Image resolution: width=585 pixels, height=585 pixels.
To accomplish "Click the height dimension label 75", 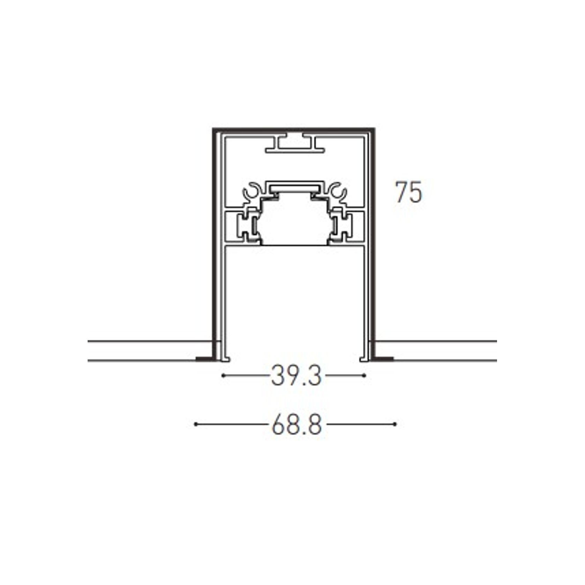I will click(x=408, y=192).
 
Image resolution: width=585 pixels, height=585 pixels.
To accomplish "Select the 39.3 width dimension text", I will click(x=296, y=376).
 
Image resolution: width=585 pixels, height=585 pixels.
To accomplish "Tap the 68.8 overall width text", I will click(x=296, y=424).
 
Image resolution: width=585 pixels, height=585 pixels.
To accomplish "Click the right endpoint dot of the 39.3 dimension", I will click(x=365, y=376).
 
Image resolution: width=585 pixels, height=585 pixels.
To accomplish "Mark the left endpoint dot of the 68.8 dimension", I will click(x=196, y=424).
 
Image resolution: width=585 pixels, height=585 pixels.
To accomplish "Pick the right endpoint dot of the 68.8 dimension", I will click(x=395, y=424).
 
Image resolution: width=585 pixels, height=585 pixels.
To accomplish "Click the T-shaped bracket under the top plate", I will click(x=295, y=145).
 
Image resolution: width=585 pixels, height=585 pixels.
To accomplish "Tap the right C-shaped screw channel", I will click(x=338, y=193).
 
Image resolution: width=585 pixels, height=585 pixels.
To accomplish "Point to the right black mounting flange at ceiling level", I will click(x=384, y=358).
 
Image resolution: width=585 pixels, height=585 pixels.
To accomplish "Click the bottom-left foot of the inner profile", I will click(x=226, y=358).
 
